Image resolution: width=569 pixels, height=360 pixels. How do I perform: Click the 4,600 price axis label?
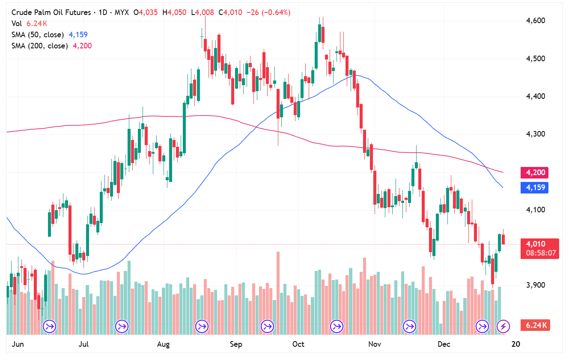coord(536,21)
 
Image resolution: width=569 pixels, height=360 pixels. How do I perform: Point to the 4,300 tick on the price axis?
coord(536,134)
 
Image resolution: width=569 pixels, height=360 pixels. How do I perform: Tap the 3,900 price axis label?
coord(536,285)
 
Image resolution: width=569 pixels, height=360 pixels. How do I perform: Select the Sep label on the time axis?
coord(236,344)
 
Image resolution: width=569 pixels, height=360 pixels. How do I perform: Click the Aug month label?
coord(164,344)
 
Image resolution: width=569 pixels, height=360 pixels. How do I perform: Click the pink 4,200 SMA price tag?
coord(534,173)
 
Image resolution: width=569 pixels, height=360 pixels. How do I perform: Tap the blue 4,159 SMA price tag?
coord(534,187)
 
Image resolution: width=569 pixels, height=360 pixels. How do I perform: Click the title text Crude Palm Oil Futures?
coord(51,12)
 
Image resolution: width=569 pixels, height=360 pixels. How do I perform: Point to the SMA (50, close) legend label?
coord(38,35)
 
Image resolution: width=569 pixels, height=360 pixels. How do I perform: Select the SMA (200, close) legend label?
coord(39,46)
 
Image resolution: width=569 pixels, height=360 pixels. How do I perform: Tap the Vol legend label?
coord(17,24)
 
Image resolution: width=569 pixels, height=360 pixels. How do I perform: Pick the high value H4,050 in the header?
coord(174,12)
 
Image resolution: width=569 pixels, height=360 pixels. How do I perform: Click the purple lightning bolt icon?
coord(503,327)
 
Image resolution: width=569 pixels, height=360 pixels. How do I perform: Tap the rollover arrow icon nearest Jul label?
coord(122,327)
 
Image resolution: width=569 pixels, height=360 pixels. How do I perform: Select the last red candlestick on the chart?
coord(503,239)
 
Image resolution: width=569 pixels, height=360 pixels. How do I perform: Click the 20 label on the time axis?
coord(516,344)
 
